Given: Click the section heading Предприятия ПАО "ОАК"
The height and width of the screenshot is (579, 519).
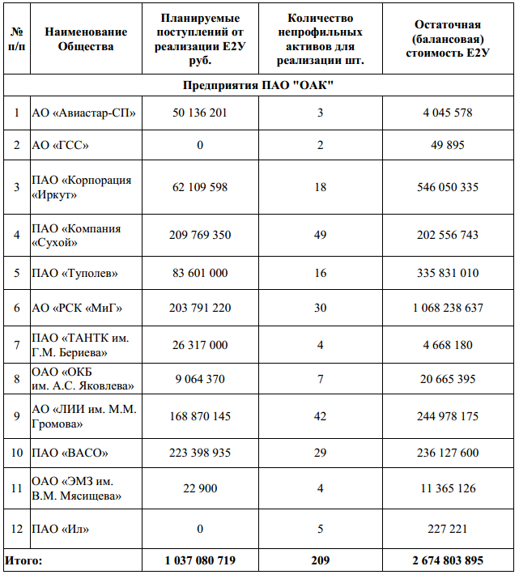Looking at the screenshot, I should pyautogui.click(x=258, y=85).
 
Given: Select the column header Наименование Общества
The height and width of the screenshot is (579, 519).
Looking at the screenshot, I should pyautogui.click(x=86, y=39).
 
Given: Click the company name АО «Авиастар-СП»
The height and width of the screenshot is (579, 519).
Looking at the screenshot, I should pyautogui.click(x=83, y=113).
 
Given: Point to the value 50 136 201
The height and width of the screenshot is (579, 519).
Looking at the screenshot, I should pyautogui.click(x=200, y=113).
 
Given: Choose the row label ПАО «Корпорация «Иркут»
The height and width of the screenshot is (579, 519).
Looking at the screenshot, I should pyautogui.click(x=81, y=187).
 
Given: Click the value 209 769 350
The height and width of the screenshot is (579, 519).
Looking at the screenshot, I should pyautogui.click(x=200, y=236).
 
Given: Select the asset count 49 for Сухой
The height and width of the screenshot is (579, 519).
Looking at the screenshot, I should pyautogui.click(x=320, y=236).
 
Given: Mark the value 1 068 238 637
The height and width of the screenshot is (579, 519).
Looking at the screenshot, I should pyautogui.click(x=448, y=308).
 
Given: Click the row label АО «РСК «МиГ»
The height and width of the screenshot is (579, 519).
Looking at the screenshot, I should pyautogui.click(x=77, y=308).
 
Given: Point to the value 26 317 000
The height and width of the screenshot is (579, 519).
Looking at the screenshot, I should pyautogui.click(x=200, y=344).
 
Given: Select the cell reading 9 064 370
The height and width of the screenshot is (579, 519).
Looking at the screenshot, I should pyautogui.click(x=200, y=378).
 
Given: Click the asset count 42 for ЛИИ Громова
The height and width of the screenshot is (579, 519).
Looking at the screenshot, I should pyautogui.click(x=320, y=417).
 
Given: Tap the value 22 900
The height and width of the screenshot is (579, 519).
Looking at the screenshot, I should pyautogui.click(x=200, y=488).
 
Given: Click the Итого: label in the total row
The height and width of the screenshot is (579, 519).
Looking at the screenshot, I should pyautogui.click(x=24, y=560).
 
